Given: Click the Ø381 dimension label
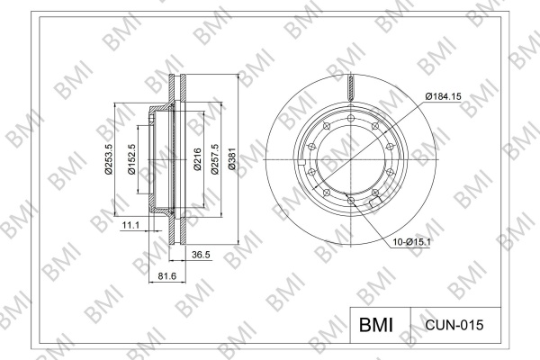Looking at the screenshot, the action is pos(232,158).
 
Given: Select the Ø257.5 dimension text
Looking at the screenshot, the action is pos(215,158).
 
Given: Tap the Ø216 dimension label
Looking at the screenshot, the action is pos(197,159).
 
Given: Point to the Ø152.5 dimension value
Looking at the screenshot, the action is pos(131,159).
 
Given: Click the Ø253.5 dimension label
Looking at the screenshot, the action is pos(109,159).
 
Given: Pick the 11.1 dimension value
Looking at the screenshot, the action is pos(130,225).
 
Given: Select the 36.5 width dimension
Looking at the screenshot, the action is pos(201,255).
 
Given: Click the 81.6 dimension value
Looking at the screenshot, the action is pos(167,276).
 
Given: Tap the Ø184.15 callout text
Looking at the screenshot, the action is pos(443,96).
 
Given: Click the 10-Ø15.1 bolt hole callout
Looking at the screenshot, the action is pos(412,242).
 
